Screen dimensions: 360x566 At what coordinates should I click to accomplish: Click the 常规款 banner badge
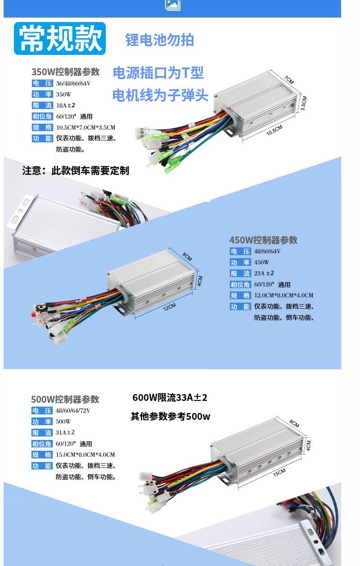[60, 38]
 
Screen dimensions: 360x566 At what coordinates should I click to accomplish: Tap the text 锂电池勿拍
[159, 40]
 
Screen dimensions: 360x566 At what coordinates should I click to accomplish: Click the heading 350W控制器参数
[66, 72]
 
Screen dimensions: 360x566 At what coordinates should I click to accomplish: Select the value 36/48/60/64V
[73, 83]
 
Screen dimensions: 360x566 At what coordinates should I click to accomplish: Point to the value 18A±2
[66, 105]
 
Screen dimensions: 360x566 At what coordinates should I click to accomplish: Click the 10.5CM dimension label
[274, 130]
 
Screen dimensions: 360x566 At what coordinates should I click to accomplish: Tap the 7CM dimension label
[289, 80]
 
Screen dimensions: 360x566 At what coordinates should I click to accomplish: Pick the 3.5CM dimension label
[304, 103]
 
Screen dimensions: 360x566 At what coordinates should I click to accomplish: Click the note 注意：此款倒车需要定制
[76, 171]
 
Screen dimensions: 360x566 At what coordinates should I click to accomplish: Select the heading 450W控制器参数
[263, 240]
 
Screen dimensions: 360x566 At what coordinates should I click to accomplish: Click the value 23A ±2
[264, 273]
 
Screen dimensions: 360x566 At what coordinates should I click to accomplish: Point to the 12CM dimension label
[169, 307]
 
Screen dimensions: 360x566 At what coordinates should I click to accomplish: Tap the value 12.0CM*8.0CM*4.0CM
[283, 295]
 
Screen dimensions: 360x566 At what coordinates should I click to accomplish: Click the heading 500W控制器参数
[65, 399]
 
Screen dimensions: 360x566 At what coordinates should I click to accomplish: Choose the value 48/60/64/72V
[73, 411]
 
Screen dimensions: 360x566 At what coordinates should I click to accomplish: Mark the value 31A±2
[65, 432]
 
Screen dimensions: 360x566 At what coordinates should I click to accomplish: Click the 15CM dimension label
[279, 472]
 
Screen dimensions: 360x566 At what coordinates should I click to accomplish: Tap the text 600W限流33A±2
[170, 398]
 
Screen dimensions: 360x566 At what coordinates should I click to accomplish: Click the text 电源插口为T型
[158, 73]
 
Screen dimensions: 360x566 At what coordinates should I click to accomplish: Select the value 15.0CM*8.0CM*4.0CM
[85, 454]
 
